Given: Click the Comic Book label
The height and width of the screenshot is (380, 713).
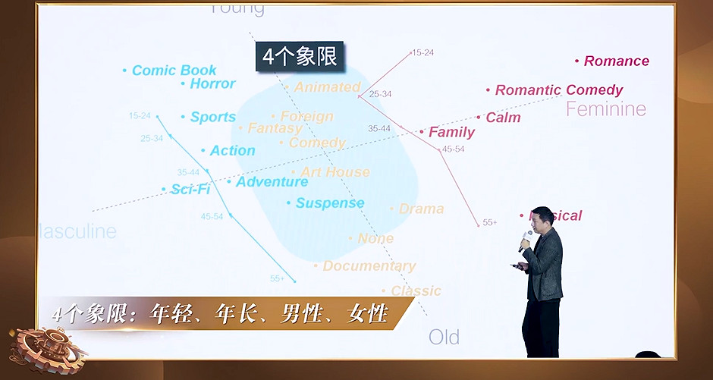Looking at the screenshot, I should pos(174,71).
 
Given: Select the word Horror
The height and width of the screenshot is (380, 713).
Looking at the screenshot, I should pos(212,84).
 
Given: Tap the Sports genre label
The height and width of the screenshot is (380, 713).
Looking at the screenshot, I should pos(212,118).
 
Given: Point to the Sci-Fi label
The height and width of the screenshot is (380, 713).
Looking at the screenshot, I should pos(190,190).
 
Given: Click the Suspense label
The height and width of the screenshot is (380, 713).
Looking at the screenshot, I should pos(330,203).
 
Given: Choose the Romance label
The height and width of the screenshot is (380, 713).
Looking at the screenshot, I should pos(616,61).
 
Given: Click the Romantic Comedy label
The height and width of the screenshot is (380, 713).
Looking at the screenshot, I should pos(558,90).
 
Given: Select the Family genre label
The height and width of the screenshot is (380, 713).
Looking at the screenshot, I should pos(451,133).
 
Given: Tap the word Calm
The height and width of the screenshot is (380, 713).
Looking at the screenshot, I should pos(503,118).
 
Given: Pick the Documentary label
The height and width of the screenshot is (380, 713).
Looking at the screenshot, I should pos(369,266).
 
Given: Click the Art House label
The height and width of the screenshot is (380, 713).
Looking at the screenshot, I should pos(335,173).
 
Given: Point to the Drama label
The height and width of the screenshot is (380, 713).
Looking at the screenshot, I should pos(421,209).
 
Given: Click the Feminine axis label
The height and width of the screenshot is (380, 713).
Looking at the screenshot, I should pos(605,109).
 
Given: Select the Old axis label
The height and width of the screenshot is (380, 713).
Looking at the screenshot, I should pos(444,337).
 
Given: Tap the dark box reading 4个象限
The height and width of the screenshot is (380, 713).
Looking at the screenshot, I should pos(299,57).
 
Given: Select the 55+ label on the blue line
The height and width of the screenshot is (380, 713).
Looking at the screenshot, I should pos(277,279).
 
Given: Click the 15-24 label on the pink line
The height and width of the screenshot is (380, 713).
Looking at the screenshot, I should pos(422,53).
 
